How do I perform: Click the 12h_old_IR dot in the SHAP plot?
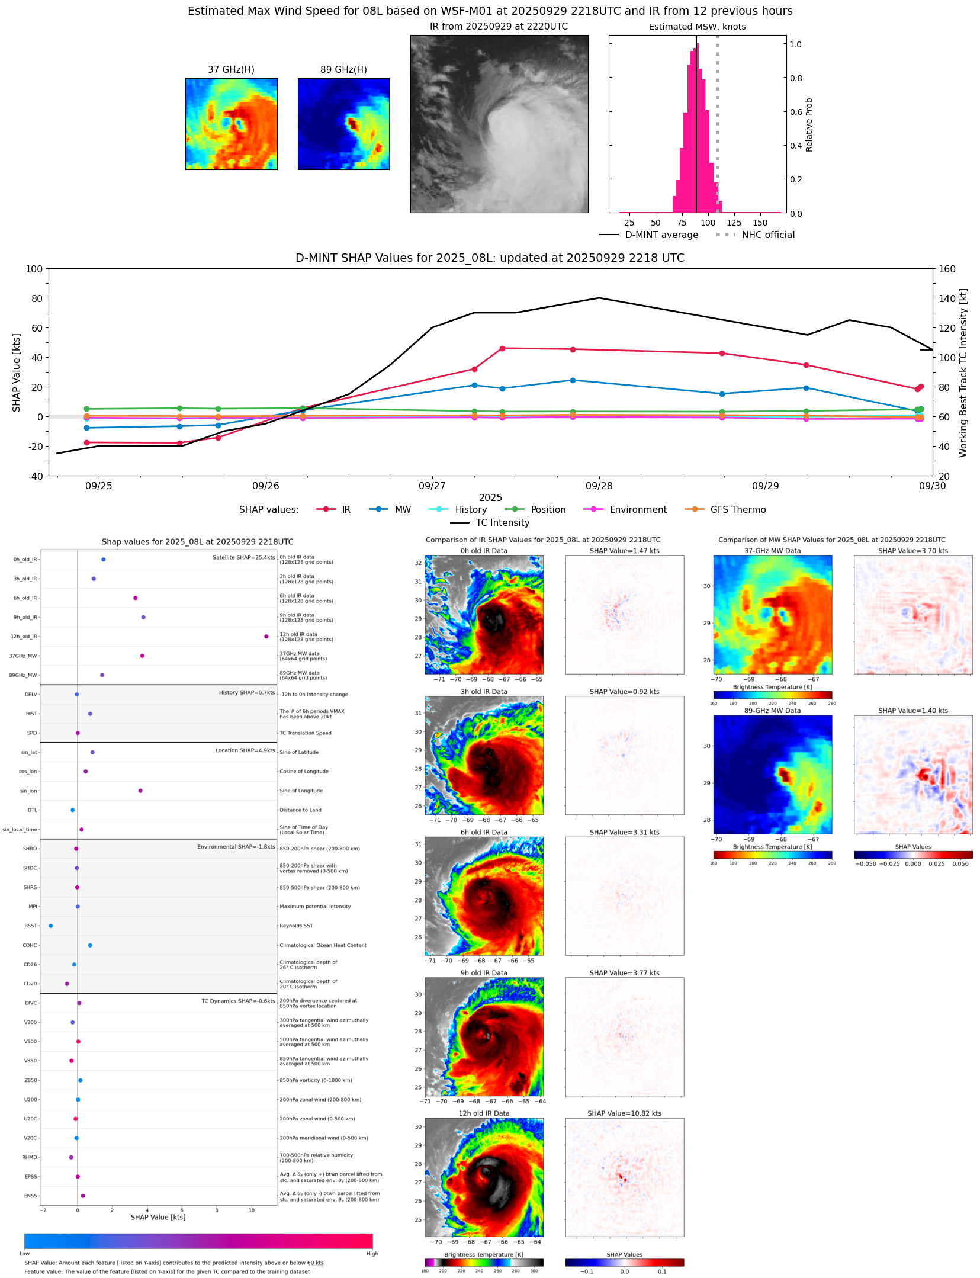(x=266, y=636)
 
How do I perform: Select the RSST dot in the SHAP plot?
(x=50, y=926)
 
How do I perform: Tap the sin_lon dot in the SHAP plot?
(x=140, y=791)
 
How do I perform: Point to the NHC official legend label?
(x=767, y=235)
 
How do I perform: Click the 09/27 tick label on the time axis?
(x=432, y=486)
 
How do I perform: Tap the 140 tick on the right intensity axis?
(x=947, y=298)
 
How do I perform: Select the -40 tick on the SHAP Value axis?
(x=34, y=476)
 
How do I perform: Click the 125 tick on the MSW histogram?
(x=734, y=223)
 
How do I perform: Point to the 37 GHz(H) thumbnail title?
(x=231, y=70)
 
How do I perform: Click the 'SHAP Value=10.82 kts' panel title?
(x=624, y=1113)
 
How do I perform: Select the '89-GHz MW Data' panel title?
(x=772, y=711)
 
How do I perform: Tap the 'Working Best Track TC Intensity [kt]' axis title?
(x=963, y=373)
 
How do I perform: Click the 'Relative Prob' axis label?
(x=809, y=125)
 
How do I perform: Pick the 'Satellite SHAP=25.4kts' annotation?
(x=243, y=557)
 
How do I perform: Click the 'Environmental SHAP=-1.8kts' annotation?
(x=236, y=847)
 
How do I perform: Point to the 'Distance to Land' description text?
(x=300, y=810)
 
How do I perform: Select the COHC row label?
(x=30, y=945)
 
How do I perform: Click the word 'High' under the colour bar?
(x=372, y=1254)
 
